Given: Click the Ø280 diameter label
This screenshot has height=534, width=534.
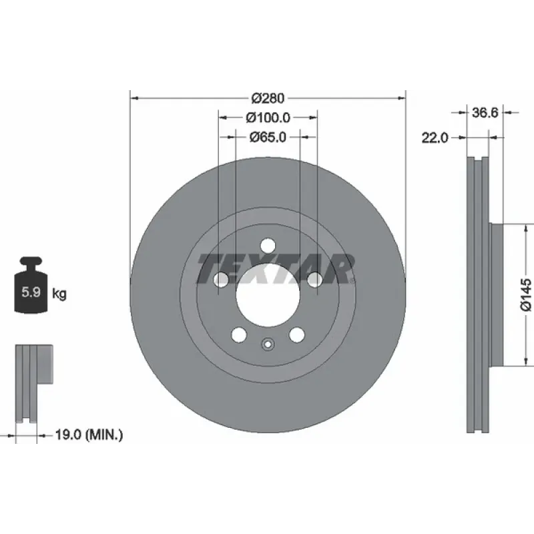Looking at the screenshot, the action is click(268, 98).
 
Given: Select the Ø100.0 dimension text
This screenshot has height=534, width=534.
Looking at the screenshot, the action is click(268, 118).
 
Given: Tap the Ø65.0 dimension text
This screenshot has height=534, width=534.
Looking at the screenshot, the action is click(268, 138).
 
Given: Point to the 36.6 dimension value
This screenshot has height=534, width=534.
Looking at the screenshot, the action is click(485, 112).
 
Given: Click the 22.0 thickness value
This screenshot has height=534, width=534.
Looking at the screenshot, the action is click(435, 138).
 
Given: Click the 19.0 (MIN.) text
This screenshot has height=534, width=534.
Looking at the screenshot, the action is click(89, 435).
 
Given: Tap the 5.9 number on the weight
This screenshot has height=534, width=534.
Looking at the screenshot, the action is click(31, 292).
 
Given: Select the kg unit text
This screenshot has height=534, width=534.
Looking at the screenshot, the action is click(59, 294).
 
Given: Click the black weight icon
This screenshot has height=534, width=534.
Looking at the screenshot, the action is click(31, 285).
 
